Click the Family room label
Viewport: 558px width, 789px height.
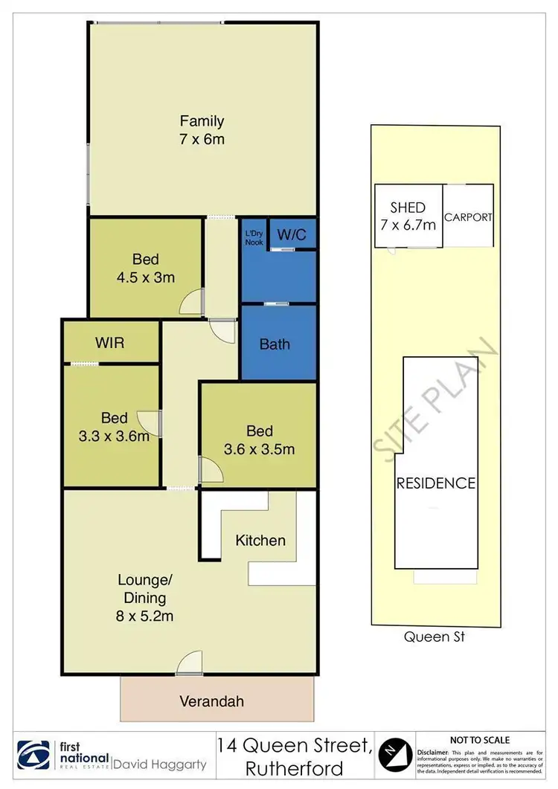(x=202, y=121)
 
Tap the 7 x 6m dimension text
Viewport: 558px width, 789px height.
(x=202, y=139)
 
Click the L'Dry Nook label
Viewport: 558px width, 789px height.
(x=254, y=238)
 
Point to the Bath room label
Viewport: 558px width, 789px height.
(x=275, y=344)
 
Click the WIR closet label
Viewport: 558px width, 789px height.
(x=109, y=344)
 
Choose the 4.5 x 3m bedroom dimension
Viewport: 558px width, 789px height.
(x=146, y=277)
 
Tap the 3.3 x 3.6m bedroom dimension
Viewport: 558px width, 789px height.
(x=115, y=437)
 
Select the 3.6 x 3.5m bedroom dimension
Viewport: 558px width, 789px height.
(x=260, y=449)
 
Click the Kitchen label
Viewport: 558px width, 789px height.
(x=260, y=540)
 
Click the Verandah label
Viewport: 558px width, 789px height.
(x=212, y=701)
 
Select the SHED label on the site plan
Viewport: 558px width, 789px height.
(x=408, y=207)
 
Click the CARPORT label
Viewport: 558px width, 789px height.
(x=468, y=217)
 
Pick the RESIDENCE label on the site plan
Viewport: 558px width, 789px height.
(x=435, y=483)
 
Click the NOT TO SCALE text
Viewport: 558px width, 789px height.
(x=480, y=740)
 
